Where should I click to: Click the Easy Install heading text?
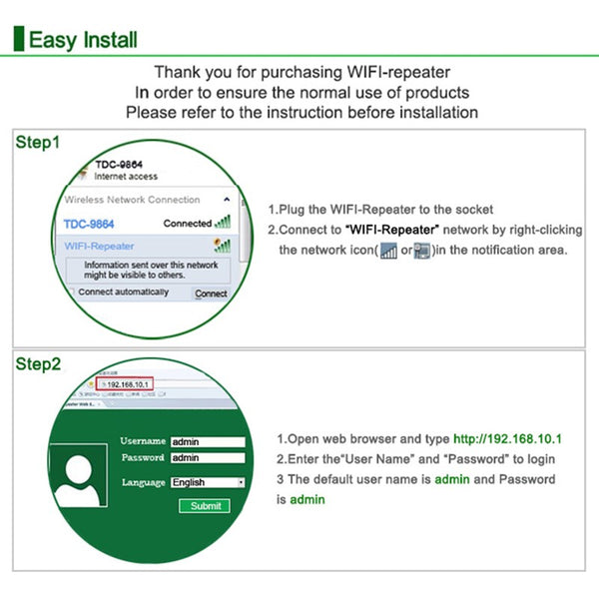pyautogui.click(x=83, y=40)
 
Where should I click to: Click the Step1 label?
pyautogui.click(x=38, y=143)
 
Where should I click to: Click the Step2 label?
pyautogui.click(x=38, y=364)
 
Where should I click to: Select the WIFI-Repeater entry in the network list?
pyautogui.click(x=99, y=246)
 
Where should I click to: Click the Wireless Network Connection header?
pyautogui.click(x=132, y=200)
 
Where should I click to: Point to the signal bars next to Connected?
pyautogui.click(x=224, y=222)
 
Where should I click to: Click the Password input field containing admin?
pyautogui.click(x=208, y=458)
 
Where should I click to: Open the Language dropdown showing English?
pyautogui.click(x=208, y=482)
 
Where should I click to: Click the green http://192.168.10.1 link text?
pyautogui.click(x=507, y=439)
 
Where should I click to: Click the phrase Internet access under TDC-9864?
pyautogui.click(x=125, y=177)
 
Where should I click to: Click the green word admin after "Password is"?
pyautogui.click(x=306, y=499)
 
